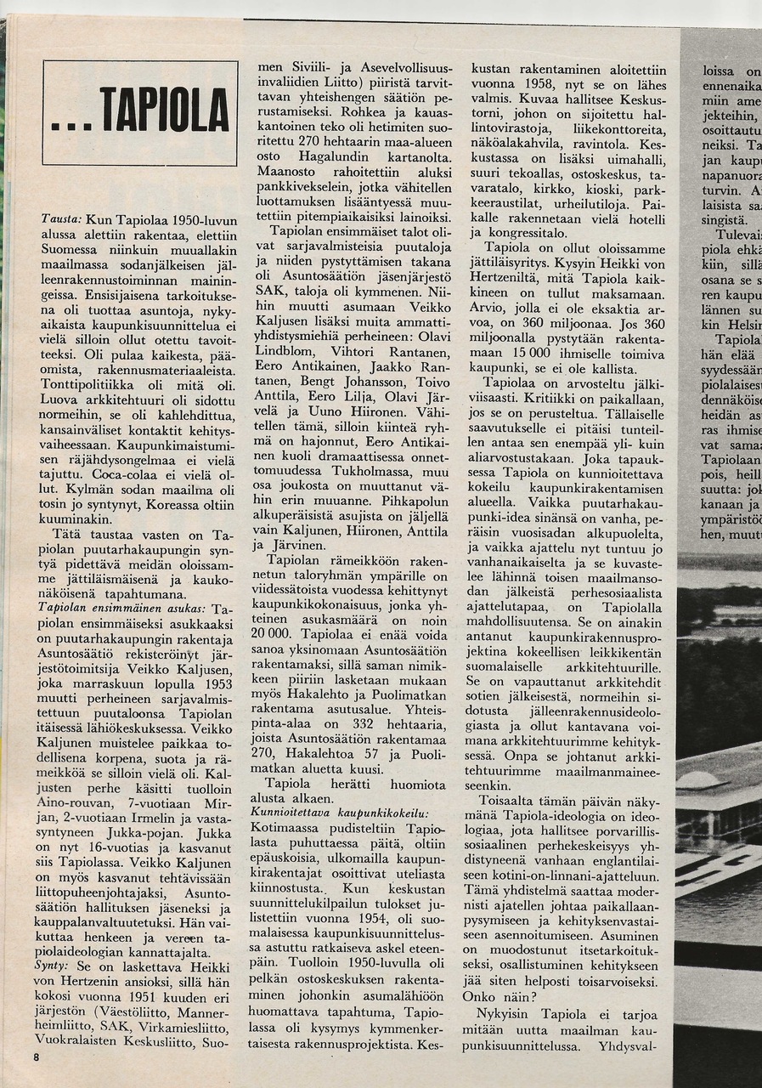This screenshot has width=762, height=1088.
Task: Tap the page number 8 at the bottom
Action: [37, 1057]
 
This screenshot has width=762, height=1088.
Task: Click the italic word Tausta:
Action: [60, 218]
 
